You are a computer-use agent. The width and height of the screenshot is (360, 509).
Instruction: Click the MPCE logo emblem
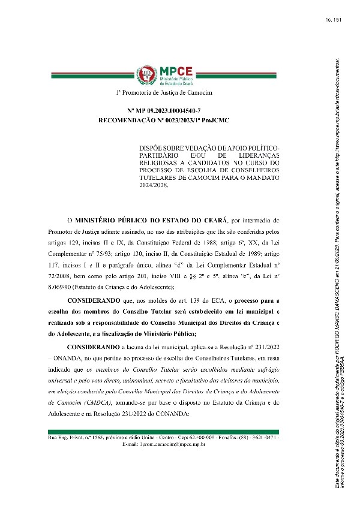(145, 75)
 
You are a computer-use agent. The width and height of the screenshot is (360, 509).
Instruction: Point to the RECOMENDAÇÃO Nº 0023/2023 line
(164, 121)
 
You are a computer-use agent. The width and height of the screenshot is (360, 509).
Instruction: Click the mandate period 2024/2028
(154, 185)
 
